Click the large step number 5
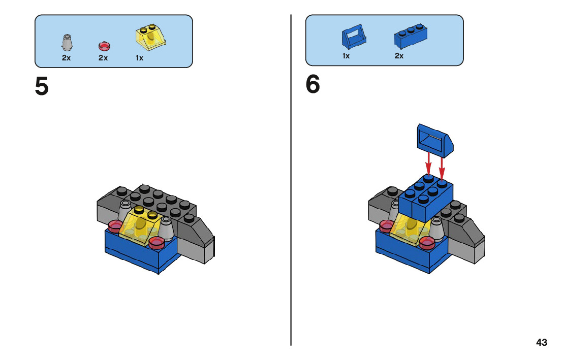tap(42, 86)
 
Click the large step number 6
tap(313, 84)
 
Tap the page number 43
tap(542, 342)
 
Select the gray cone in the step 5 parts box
tap(67, 43)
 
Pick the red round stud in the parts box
tap(104, 46)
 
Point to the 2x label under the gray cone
tap(66, 58)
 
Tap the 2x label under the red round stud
tap(103, 58)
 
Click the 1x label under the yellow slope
tap(139, 58)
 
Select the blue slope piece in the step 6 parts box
tap(354, 37)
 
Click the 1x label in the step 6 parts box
tap(346, 56)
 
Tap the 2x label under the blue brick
tap(399, 56)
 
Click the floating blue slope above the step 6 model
tap(435, 140)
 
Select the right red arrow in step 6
tap(442, 167)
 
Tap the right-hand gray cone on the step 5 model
tap(166, 228)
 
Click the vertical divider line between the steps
tap(291, 180)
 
